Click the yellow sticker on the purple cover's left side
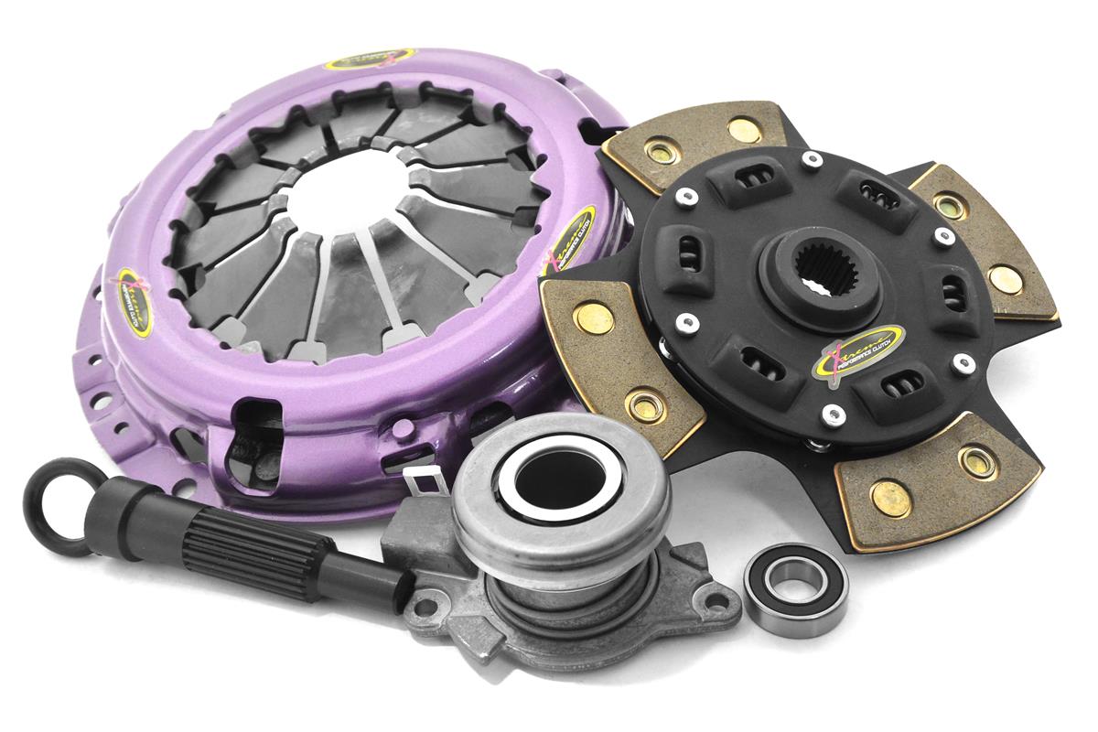coord(135,303)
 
